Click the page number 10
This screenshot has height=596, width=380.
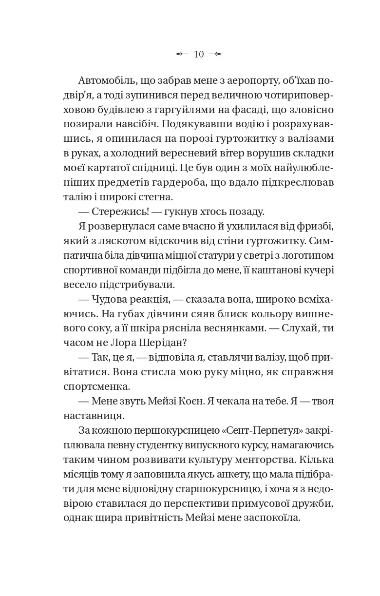199,54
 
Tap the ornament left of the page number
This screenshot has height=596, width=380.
182,54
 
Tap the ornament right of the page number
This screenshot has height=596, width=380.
215,54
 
